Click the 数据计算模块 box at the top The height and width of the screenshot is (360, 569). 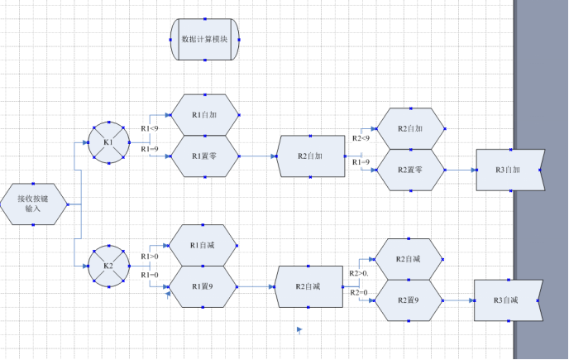coord(205,39)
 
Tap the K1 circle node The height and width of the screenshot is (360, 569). coord(108,142)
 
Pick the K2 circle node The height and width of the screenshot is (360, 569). coord(108,265)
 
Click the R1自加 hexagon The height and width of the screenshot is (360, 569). coord(204,115)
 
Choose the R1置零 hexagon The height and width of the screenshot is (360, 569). coord(204,156)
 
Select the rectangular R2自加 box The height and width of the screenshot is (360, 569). coord(309,156)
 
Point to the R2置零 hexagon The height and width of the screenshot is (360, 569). coord(410,170)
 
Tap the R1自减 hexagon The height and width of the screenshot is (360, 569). coord(203,245)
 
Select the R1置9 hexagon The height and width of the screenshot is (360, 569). coord(203,286)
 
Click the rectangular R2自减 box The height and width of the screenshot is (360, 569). coord(308,286)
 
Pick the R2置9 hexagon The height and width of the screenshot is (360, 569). coord(409,300)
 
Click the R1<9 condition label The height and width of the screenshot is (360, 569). coord(149,128)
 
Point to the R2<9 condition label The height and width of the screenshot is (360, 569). coord(361,138)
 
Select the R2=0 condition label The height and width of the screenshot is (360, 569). coord(359,292)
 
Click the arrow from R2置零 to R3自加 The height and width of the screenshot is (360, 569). coord(461,170)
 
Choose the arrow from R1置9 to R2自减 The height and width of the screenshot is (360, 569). coord(256,286)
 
